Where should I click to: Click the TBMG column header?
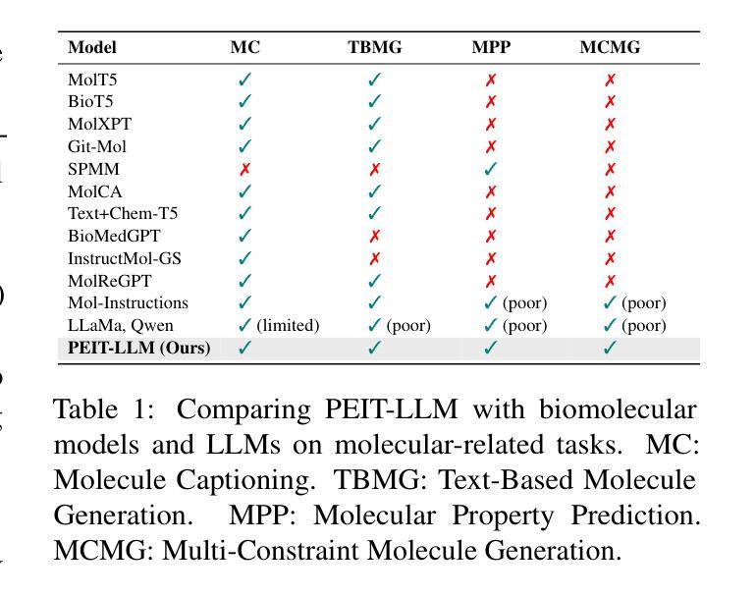pos(375,47)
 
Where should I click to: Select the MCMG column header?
pos(610,47)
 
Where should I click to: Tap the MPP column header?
pos(491,47)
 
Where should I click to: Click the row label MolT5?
pos(92,80)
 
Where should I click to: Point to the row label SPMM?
pos(93,169)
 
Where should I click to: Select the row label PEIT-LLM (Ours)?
pos(139,348)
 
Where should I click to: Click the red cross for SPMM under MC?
pos(244,169)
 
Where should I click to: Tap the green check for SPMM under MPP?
pos(490,169)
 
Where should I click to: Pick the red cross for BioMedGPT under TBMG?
pos(374,236)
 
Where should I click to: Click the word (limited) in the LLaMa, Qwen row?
pos(288,326)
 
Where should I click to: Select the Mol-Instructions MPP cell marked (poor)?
pos(514,302)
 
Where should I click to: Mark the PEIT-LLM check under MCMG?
pos(610,348)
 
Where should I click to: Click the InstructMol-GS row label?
pos(125,258)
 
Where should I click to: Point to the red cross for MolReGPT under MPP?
pos(491,281)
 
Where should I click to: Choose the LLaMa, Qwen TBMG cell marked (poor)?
pos(399,326)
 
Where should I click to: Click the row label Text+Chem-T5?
pos(123,213)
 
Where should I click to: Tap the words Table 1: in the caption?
pos(104,409)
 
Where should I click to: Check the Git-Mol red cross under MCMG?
pos(610,146)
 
